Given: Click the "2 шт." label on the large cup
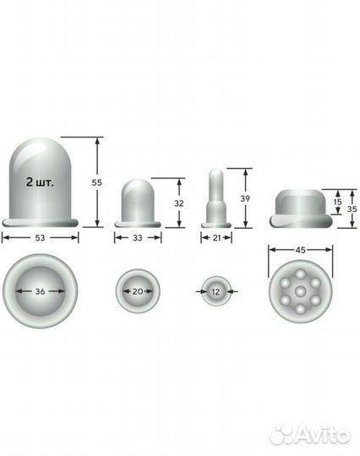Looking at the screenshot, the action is click(40, 182).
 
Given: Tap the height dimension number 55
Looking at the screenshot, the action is click(97, 182).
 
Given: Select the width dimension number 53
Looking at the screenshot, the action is click(41, 238).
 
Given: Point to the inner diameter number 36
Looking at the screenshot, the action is click(41, 291).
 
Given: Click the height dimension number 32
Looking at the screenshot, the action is click(179, 204).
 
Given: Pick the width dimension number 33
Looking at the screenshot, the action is click(138, 238).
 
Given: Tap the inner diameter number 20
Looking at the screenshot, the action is click(138, 291).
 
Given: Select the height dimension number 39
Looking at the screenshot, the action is click(245, 198).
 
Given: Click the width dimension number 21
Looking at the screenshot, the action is click(217, 238).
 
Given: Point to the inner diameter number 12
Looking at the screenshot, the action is click(215, 291).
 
